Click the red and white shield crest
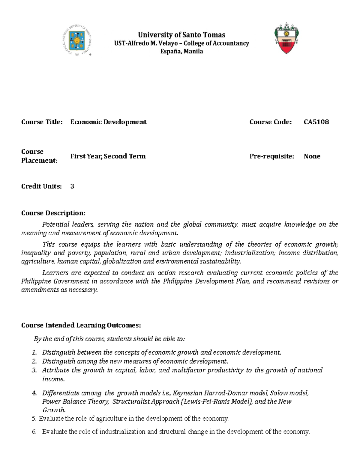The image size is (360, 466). tap(286, 38)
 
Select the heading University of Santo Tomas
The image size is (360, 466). tap(181, 35)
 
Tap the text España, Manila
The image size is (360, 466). tap(181, 51)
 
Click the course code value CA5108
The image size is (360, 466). tap(316, 122)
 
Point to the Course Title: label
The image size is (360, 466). tap(42, 122)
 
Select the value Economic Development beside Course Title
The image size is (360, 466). tap(108, 122)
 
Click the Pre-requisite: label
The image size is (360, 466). tap(272, 156)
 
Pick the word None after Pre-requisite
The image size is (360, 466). tap(312, 156)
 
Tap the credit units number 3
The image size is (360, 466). tap(72, 186)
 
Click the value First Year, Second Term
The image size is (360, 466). tap(108, 156)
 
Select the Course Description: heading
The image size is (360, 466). tap(53, 213)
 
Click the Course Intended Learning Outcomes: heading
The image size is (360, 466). tap(81, 326)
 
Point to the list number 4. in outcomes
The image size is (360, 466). tap(34, 393)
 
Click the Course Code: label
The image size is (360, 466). tap(270, 122)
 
